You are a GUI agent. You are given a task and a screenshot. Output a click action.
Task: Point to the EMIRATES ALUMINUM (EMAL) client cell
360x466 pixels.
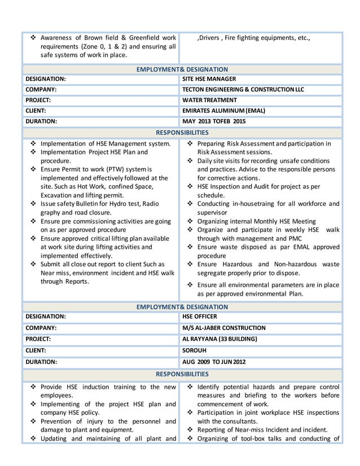click(223, 111)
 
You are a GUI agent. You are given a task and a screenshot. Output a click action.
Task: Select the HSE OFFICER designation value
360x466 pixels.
click(199, 317)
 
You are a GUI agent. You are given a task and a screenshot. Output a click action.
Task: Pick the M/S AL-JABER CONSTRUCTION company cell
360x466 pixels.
click(224, 328)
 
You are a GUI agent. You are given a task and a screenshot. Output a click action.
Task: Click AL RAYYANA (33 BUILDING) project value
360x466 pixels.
click(219, 338)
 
